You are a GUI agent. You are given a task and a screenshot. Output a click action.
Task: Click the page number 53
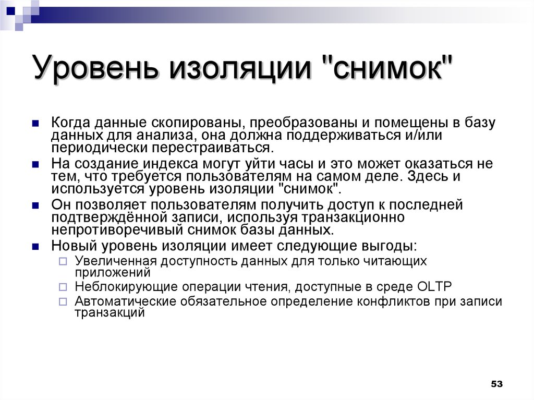496,384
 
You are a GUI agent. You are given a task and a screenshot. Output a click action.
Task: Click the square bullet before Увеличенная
63,261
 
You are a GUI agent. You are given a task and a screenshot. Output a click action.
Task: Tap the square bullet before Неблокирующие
63,287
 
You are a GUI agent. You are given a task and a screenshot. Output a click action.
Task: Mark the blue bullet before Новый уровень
35,246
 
